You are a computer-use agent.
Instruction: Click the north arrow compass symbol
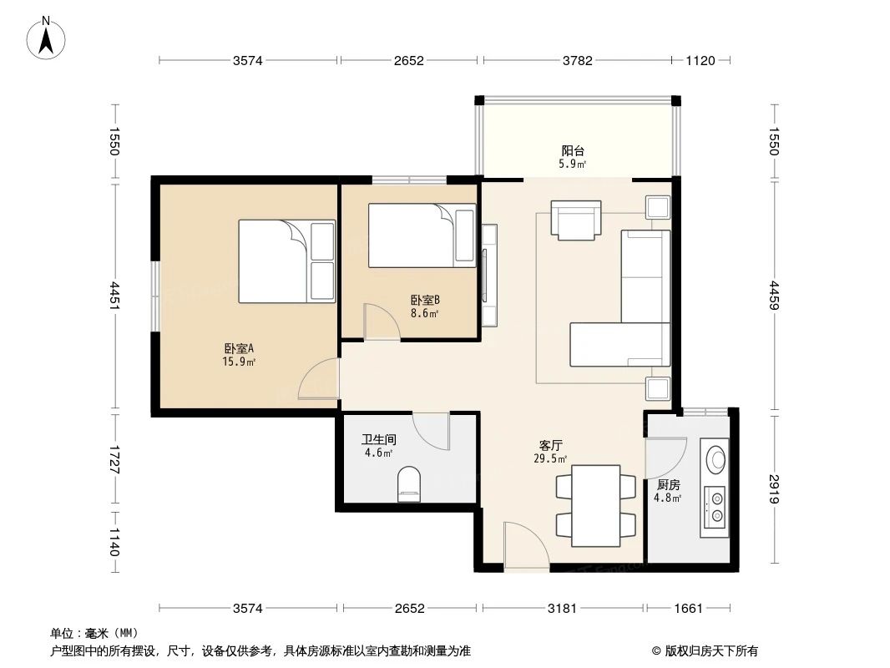pyautogui.click(x=46, y=38)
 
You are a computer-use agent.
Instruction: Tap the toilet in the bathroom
pyautogui.click(x=409, y=484)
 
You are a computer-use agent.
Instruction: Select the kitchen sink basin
pyautogui.click(x=715, y=458)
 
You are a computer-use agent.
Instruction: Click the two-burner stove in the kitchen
pyautogui.click(x=715, y=507)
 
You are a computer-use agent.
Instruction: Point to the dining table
pyautogui.click(x=595, y=506)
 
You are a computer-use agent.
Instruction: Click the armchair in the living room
pyautogui.click(x=575, y=220)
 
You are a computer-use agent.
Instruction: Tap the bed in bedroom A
pyautogui.click(x=286, y=261)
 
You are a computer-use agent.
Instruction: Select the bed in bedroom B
pyautogui.click(x=422, y=235)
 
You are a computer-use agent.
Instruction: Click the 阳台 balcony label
pyautogui.click(x=573, y=150)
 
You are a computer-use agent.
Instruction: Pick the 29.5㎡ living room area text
pyautogui.click(x=550, y=458)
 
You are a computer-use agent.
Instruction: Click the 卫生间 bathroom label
pyautogui.click(x=378, y=439)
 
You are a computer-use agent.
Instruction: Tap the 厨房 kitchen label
pyautogui.click(x=668, y=484)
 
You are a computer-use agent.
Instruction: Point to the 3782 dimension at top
pyautogui.click(x=577, y=60)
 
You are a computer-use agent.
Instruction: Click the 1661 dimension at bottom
pyautogui.click(x=688, y=609)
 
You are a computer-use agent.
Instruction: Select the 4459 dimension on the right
pyautogui.click(x=774, y=296)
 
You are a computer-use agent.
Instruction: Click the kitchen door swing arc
pyautogui.click(x=666, y=458)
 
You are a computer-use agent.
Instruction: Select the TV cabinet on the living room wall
pyautogui.click(x=489, y=276)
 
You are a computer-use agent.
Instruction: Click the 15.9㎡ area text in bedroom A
pyautogui.click(x=239, y=362)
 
